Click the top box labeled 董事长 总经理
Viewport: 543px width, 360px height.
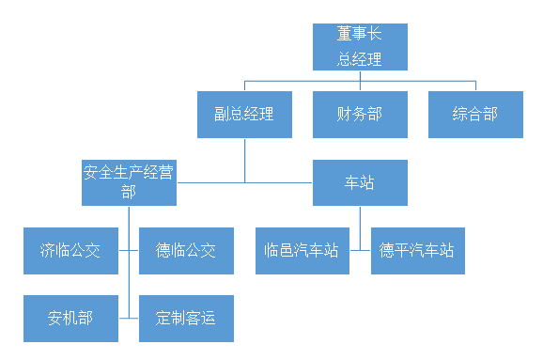click(360, 46)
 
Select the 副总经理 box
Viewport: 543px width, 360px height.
click(243, 115)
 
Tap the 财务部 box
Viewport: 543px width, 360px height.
click(360, 115)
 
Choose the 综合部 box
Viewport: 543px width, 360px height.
click(475, 115)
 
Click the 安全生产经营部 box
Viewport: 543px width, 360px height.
click(129, 182)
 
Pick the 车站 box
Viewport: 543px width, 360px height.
click(360, 182)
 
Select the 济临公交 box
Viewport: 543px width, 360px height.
click(70, 251)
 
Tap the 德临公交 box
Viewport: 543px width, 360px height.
click(185, 251)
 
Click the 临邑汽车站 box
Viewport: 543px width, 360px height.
click(302, 251)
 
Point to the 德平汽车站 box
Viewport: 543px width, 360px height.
click(417, 251)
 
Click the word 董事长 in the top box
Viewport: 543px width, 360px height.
click(360, 34)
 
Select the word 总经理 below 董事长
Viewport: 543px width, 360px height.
click(360, 58)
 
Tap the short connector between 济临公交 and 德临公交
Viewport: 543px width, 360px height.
click(129, 251)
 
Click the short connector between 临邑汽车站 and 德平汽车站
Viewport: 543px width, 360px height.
click(360, 251)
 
